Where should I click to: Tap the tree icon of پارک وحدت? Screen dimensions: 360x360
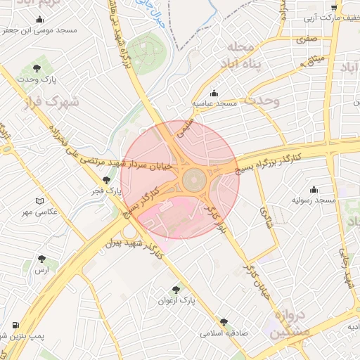37,68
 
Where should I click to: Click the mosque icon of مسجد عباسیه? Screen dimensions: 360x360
214,93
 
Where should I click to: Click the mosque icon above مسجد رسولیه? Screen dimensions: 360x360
314,189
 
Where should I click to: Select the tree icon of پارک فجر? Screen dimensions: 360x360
106,180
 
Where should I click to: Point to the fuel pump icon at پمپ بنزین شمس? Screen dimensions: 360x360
15,326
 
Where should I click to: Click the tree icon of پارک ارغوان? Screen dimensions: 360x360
176,289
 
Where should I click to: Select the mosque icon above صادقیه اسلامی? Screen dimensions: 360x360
224,321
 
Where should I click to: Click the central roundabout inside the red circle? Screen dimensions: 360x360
194,181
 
